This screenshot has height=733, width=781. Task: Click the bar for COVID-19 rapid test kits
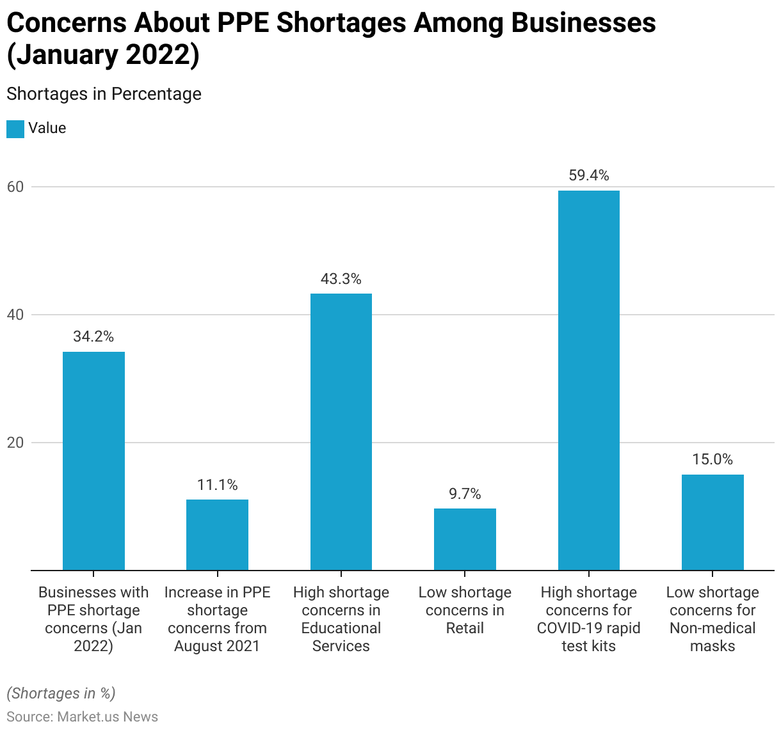coord(588,380)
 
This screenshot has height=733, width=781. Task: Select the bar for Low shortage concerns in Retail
coord(465,539)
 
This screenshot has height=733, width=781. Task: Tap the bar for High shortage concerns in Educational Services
coord(341,432)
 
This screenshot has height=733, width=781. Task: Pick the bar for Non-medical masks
coord(713,522)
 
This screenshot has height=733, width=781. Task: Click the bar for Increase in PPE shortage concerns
coord(217,535)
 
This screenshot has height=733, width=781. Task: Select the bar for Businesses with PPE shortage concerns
coord(93,461)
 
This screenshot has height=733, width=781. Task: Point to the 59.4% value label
coord(588,175)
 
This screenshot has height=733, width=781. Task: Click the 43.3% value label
coord(341,279)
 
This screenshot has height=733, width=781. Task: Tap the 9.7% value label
coord(465,494)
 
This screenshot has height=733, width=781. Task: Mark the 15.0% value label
coord(713,459)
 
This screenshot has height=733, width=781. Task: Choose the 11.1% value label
coord(217,485)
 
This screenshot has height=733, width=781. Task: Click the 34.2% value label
coord(93,336)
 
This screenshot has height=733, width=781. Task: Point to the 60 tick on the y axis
coord(15,187)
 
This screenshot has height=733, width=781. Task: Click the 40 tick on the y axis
coord(15,315)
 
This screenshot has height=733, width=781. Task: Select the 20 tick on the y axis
coord(15,443)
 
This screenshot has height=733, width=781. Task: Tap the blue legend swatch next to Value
coord(15,129)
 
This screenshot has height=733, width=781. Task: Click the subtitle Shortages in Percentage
coord(104,94)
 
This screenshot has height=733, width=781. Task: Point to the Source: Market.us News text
coord(82,716)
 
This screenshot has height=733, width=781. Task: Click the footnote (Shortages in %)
coord(61,693)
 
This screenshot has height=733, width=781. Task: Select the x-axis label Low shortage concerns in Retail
coord(465,610)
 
